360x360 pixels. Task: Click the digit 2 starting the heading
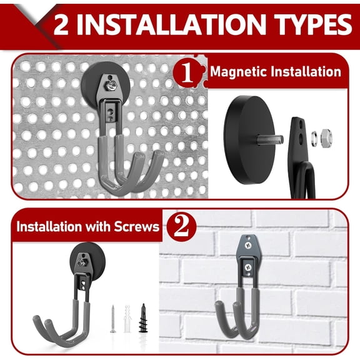61,24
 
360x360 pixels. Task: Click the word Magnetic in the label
236,71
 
